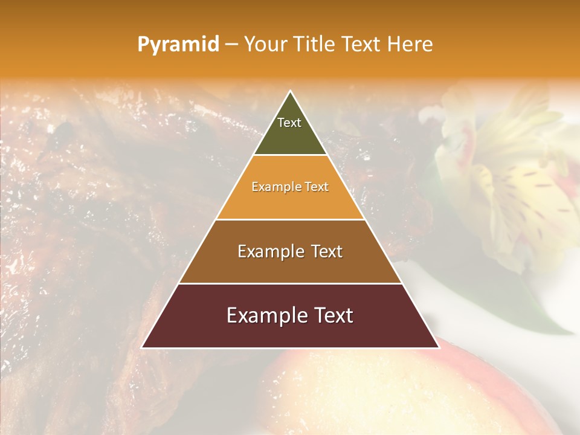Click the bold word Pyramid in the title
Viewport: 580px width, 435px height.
[x=178, y=44]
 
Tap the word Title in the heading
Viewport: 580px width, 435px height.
[x=315, y=44]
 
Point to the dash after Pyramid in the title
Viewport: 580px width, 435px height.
[x=231, y=45]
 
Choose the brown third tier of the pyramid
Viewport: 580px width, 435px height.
[x=290, y=266]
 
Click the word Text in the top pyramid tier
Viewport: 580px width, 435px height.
[x=289, y=123]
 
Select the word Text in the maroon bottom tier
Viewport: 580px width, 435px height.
[x=330, y=315]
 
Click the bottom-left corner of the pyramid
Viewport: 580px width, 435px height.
[x=143, y=347]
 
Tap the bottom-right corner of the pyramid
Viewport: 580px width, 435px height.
[x=438, y=347]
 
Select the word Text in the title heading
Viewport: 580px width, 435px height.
[x=361, y=44]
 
